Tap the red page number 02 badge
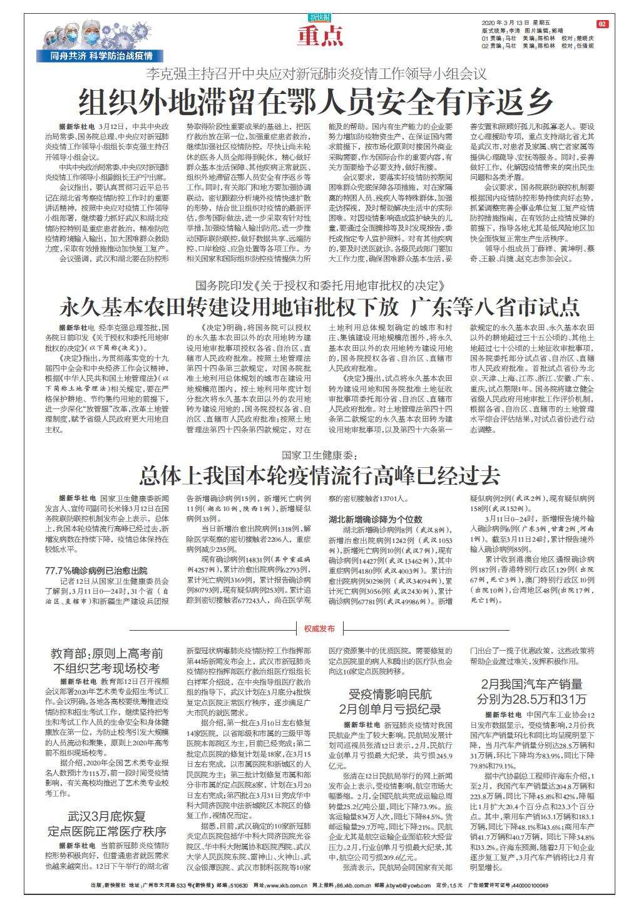(x=602, y=24)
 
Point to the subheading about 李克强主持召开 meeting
(x=316, y=74)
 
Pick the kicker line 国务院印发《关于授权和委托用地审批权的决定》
(x=320, y=285)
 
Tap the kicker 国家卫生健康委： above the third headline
(x=319, y=455)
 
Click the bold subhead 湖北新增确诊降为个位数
(x=376, y=519)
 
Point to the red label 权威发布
(x=319, y=628)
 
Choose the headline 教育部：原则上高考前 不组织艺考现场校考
(x=108, y=661)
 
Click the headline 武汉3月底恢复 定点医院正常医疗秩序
(x=108, y=824)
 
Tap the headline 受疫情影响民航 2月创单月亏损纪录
(x=390, y=701)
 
